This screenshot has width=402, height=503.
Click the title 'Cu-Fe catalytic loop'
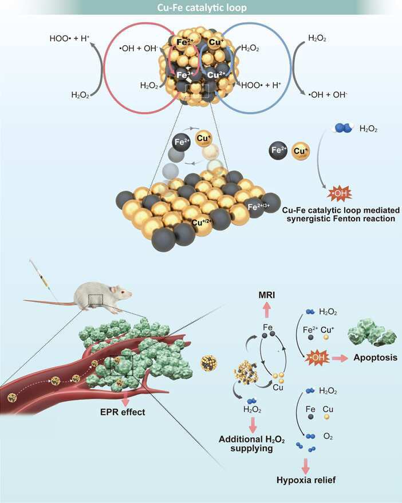click(x=202, y=7)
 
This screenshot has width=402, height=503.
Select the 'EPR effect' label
click(x=123, y=412)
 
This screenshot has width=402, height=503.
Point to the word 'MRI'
click(x=267, y=295)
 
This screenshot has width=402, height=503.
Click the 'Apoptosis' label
click(x=375, y=357)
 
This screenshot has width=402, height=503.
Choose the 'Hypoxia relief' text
click(x=306, y=480)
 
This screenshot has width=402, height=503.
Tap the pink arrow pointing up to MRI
click(x=267, y=310)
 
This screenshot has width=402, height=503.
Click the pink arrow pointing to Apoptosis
click(x=340, y=358)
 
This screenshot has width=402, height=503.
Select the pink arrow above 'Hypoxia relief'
click(x=306, y=466)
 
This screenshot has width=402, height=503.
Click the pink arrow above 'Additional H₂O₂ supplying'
click(x=253, y=425)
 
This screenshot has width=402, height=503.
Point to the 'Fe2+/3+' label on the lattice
click(x=258, y=207)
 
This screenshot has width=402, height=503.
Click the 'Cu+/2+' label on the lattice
click(x=202, y=222)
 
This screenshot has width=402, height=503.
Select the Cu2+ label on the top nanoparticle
click(x=216, y=75)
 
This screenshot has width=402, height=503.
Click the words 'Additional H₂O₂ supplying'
click(x=252, y=443)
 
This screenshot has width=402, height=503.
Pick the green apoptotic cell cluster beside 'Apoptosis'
click(x=372, y=333)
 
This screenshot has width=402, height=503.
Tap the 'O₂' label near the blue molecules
click(x=328, y=437)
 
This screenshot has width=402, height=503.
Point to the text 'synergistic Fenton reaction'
click(x=341, y=219)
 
